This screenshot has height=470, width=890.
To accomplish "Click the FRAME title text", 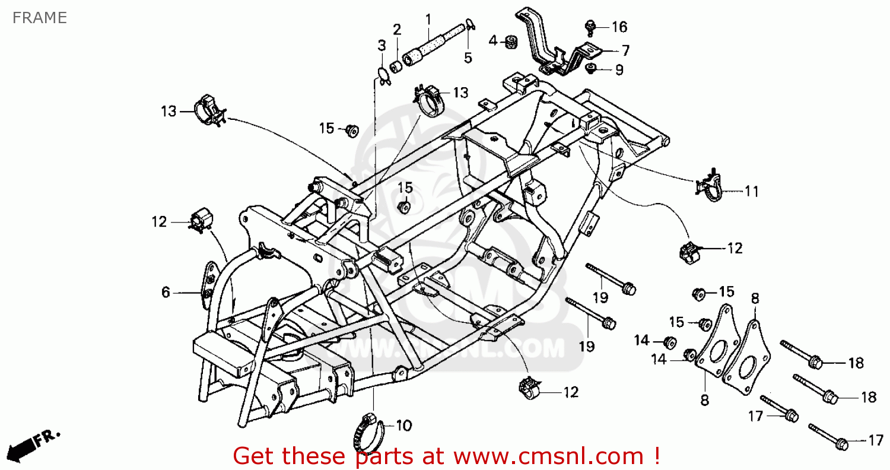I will pos(39,18).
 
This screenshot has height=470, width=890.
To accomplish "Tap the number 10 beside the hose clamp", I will pos(403,425).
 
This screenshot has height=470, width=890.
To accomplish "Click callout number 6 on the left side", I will pos(166,292).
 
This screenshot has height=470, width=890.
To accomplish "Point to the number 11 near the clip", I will pos(752,191).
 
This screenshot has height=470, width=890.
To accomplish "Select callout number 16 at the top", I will pos(619,27).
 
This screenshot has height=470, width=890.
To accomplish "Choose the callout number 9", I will pos(619,69).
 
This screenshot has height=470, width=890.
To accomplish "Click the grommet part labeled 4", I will pos(508,42).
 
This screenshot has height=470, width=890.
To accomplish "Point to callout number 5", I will pos(468,58).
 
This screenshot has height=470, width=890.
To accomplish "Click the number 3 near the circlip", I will pos(382,45).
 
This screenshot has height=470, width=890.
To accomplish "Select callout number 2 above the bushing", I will pos(396,29).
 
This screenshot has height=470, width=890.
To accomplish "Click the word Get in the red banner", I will pos(255,456).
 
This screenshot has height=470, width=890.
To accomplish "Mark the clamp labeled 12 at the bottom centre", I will pos(529,388).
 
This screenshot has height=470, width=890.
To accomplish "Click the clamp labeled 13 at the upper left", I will pos(208,109).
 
